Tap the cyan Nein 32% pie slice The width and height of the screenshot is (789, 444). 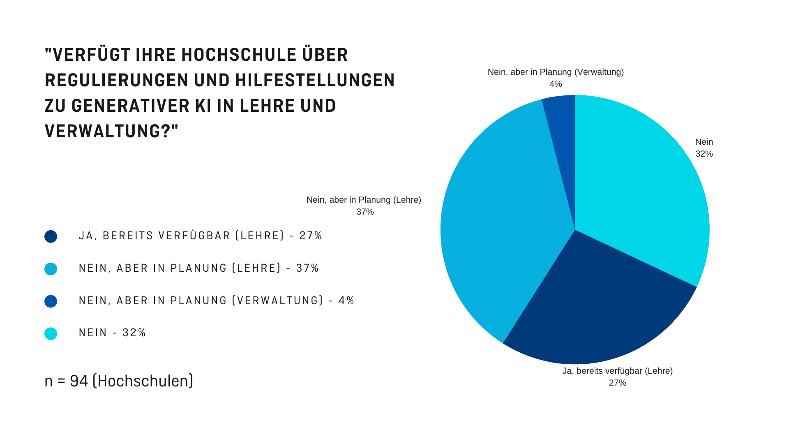[641, 185]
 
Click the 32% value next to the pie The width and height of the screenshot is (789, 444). [704, 154]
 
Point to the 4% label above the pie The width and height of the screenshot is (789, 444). [556, 84]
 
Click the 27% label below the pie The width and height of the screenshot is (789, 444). [617, 383]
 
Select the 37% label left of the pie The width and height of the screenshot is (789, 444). [365, 212]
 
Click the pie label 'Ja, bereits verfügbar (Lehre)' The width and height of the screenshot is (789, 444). [617, 371]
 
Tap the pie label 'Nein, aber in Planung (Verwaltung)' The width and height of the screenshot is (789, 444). [556, 72]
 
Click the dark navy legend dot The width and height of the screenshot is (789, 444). [51, 236]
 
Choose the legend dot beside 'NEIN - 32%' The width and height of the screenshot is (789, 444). [51, 333]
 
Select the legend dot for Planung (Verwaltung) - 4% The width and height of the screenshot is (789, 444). [51, 301]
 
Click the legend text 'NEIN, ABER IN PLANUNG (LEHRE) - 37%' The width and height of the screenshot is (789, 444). [198, 268]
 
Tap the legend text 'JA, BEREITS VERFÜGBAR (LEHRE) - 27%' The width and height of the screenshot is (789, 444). [200, 236]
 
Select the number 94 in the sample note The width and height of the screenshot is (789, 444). [79, 381]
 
